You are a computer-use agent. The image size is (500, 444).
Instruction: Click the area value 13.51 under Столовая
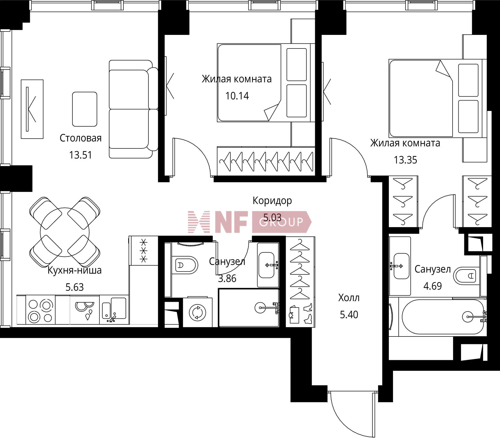click(x=80, y=155)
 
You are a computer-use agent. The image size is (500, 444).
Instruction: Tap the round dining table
click(x=65, y=232)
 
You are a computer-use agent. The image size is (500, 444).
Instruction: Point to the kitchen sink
click(x=114, y=309)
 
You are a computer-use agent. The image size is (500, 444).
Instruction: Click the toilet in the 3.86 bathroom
click(x=185, y=265)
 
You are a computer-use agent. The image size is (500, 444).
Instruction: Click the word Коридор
click(x=272, y=201)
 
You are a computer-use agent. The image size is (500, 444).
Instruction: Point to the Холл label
click(x=349, y=298)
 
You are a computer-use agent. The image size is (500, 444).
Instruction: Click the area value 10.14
click(x=237, y=96)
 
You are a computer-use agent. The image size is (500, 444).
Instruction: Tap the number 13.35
click(x=405, y=160)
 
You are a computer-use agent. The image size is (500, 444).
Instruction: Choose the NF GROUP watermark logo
click(x=250, y=222)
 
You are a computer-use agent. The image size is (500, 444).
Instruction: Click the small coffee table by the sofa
click(x=85, y=109)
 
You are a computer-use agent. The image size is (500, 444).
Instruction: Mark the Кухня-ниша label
click(x=74, y=270)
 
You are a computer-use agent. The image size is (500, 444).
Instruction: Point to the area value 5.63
click(x=74, y=287)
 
